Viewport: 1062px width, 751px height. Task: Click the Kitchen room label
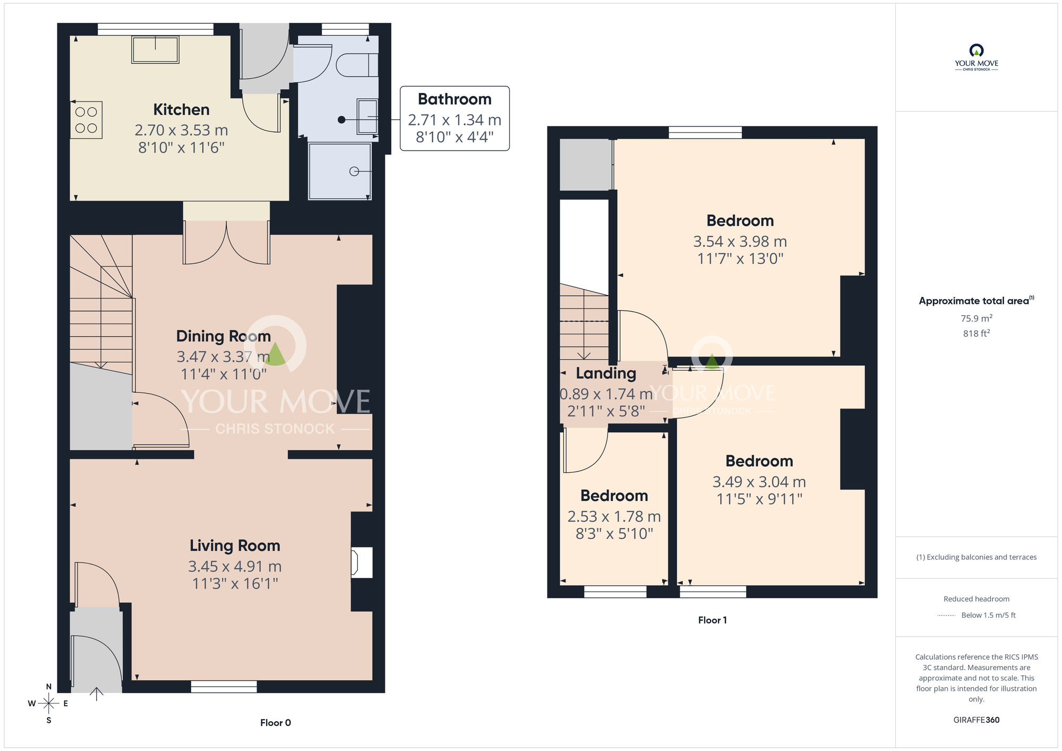point(181,109)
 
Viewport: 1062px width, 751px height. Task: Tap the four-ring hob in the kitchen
point(86,120)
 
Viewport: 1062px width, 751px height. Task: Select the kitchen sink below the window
point(155,50)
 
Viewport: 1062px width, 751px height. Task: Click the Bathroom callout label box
point(455,118)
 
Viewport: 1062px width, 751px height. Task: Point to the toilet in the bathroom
point(357,65)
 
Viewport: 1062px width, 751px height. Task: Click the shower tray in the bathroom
point(340,171)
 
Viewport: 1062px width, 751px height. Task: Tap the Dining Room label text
point(223,336)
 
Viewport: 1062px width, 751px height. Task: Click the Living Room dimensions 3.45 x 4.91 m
point(235,566)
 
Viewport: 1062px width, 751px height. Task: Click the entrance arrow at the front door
point(96,694)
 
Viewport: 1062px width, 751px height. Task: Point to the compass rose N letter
point(49,687)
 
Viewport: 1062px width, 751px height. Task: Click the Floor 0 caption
point(275,722)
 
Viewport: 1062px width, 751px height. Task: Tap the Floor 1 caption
point(712,620)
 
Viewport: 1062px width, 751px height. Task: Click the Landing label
point(606,373)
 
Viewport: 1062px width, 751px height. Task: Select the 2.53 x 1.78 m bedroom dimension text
point(614,516)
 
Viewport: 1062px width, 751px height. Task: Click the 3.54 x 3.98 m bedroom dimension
point(740,242)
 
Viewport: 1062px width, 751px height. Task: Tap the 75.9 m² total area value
point(976,318)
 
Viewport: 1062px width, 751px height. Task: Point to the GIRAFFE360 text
point(976,720)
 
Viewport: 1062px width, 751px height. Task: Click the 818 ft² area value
point(976,334)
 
